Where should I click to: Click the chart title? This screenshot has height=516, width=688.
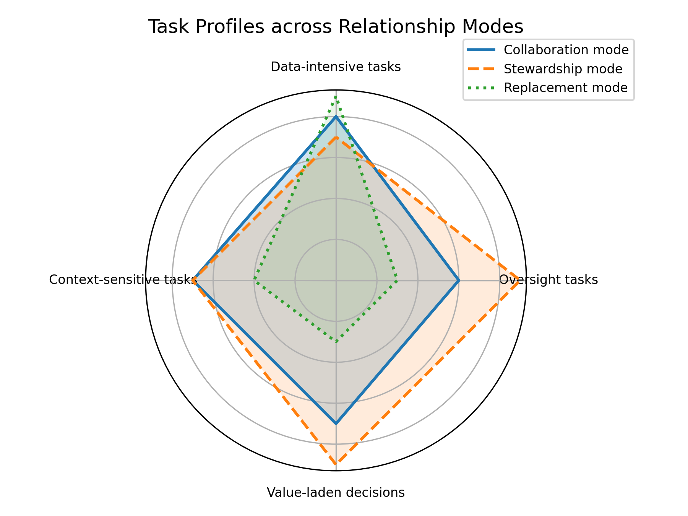pos(335,27)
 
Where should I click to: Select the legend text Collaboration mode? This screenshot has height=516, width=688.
pos(566,50)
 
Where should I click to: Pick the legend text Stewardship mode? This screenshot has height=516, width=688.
pos(563,69)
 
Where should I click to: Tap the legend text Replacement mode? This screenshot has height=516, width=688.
pos(566,88)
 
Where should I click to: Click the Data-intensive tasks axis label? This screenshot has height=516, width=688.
pos(336,67)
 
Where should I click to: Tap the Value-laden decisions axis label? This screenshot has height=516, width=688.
pos(336,493)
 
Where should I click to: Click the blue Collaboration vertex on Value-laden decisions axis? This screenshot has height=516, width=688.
pos(336,424)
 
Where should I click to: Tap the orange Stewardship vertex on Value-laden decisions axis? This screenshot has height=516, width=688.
pos(336,464)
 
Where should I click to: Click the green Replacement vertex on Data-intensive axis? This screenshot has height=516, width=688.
pos(336,97)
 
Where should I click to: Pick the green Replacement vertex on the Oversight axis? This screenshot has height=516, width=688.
pos(397,281)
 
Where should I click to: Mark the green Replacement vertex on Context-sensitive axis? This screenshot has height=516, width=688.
pos(255,281)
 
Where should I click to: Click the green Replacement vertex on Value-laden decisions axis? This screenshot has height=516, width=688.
pos(336,341)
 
